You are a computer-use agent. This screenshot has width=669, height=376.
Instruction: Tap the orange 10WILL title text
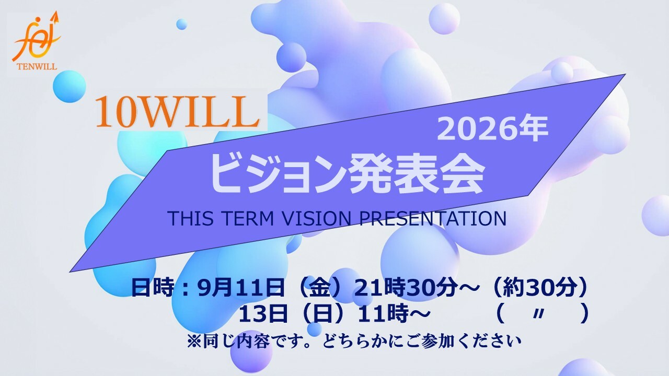177,112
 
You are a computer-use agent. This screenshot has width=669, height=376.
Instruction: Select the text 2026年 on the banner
492,129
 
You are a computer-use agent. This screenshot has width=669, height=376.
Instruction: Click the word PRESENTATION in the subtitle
433,218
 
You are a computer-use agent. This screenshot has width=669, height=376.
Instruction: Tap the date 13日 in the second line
263,314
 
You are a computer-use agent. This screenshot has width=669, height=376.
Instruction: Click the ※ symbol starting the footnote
194,341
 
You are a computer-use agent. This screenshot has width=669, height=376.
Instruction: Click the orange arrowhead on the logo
55,17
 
